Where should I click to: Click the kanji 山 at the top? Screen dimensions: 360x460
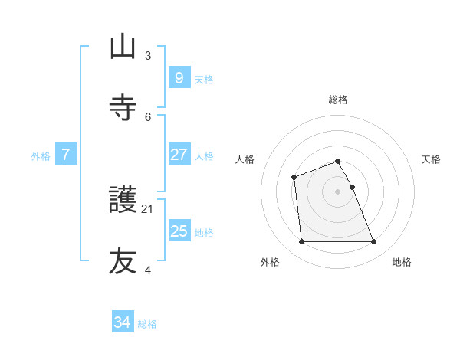(123, 47)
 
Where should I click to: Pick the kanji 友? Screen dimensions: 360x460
(123, 261)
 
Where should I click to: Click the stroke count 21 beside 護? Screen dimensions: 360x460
(148, 209)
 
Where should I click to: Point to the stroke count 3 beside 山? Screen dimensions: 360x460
(148, 56)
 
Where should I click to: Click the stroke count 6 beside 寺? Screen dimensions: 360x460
(148, 116)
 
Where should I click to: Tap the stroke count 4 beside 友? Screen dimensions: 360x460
(148, 270)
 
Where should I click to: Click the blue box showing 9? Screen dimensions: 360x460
(179, 78)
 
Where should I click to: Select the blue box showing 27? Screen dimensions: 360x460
(179, 155)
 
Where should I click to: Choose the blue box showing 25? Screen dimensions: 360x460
(179, 231)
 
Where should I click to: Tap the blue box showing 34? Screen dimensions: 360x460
(123, 323)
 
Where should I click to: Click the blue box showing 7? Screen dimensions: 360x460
(66, 155)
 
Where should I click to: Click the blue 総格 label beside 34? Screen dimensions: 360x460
(147, 324)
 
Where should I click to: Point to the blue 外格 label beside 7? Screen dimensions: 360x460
(41, 155)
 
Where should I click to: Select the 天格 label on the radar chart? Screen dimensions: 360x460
(431, 159)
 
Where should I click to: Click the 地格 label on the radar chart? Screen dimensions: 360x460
(402, 262)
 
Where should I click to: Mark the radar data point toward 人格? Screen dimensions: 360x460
(294, 178)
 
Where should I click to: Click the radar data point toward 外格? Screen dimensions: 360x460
(301, 242)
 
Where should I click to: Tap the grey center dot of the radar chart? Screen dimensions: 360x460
(337, 191)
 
